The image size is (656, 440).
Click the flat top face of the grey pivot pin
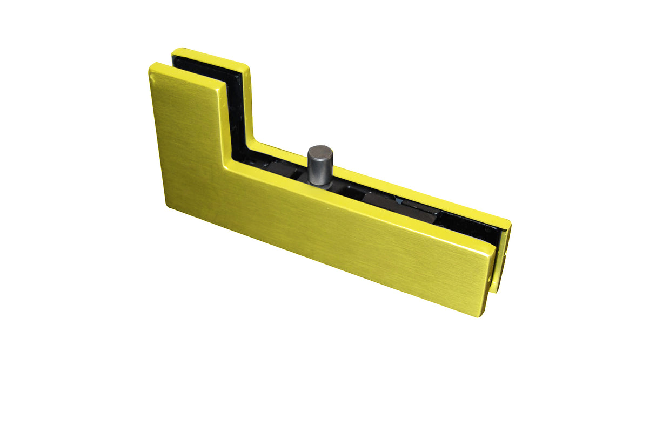(320, 151)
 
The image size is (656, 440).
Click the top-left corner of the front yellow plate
(152, 66)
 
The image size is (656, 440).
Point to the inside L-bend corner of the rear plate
(250, 141)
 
